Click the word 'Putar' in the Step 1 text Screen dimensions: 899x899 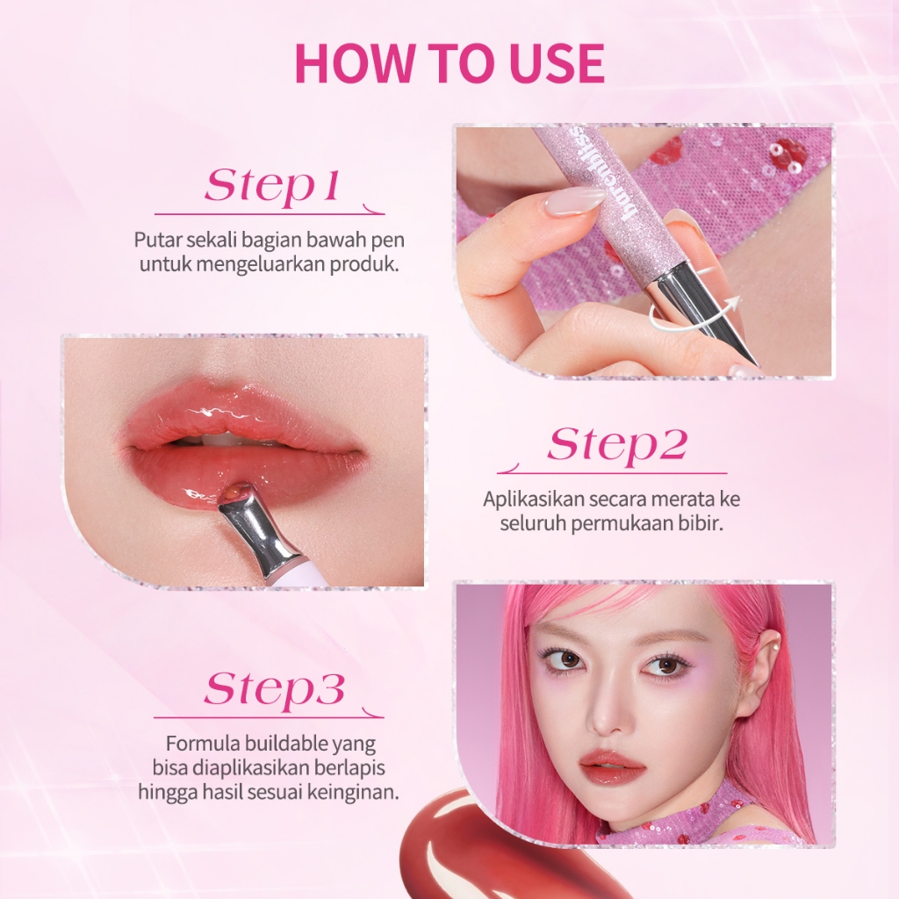[155, 240]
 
